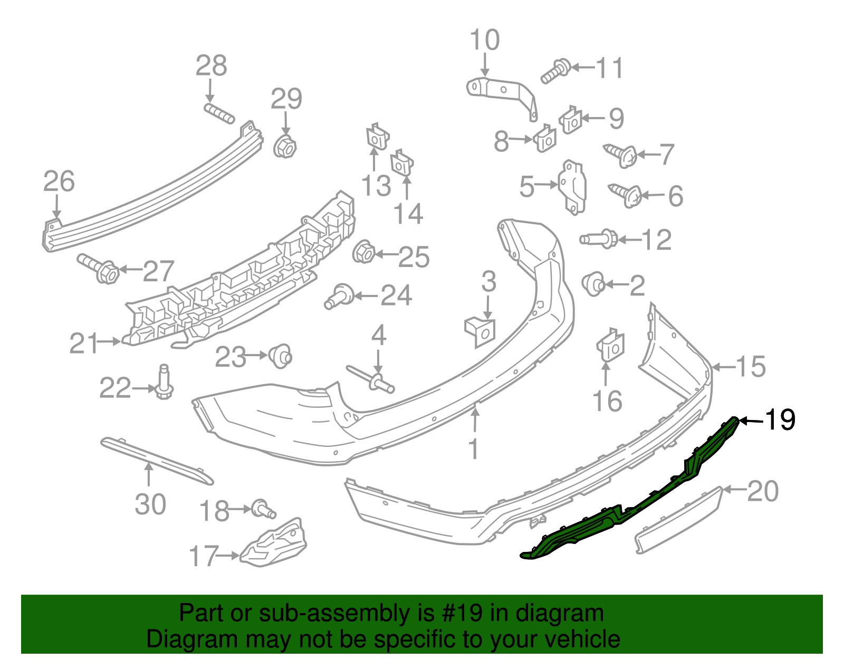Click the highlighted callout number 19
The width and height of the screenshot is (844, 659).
[x=780, y=420]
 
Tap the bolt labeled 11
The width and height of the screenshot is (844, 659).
[x=555, y=71]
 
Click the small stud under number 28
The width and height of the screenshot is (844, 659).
[x=219, y=113]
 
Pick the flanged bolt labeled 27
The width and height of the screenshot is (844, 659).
[x=100, y=269]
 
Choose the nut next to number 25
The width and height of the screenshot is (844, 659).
[x=363, y=253]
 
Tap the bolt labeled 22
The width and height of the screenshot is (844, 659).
[x=164, y=384]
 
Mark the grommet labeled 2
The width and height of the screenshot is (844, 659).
[x=594, y=283]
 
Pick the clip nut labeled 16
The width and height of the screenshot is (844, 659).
[x=610, y=346]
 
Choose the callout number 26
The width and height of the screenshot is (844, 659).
[x=59, y=181]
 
